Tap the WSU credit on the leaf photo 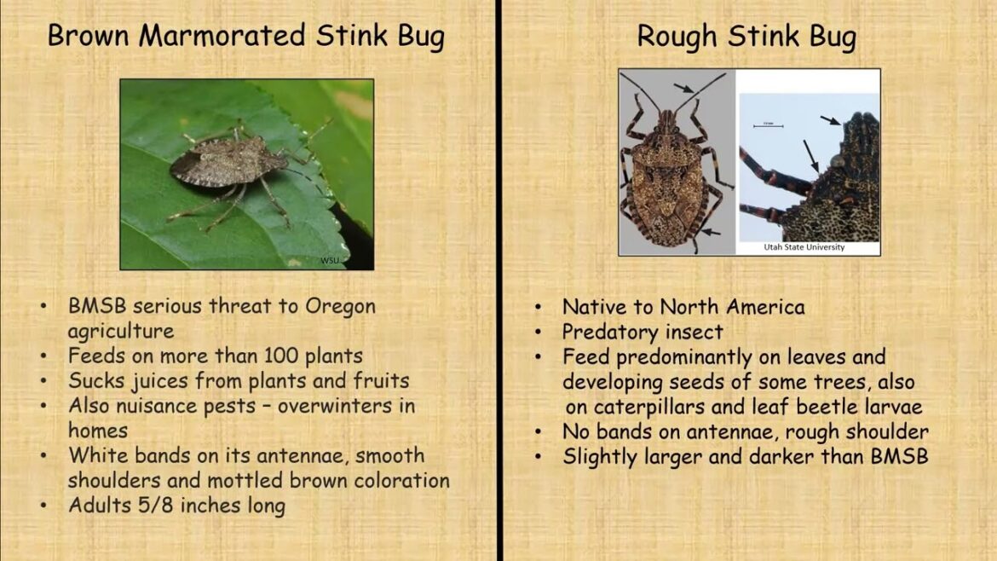coord(330,260)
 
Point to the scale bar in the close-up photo coord(767,126)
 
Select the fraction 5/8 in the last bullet coord(152,505)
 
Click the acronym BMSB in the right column coord(898,456)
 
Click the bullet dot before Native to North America coord(539,307)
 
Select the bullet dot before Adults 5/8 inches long coord(44,505)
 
